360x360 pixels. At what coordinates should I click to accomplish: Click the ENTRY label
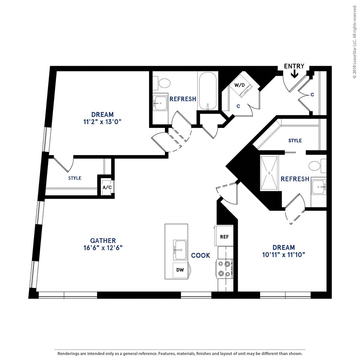[x=294, y=66]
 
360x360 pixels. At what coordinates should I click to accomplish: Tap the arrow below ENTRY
[x=294, y=73]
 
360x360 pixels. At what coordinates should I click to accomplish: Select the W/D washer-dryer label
[x=240, y=85]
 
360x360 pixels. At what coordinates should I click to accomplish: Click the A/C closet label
[x=107, y=187]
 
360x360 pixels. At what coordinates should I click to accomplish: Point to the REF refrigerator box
[x=224, y=237]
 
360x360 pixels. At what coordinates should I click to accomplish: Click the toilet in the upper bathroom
[x=164, y=83]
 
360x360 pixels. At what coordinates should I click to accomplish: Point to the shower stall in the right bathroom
[x=270, y=173]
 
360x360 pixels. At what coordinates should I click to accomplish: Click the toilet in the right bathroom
[x=316, y=166]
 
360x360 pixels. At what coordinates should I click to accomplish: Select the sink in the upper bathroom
[x=161, y=103]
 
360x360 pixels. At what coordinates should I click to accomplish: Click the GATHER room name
[x=103, y=240]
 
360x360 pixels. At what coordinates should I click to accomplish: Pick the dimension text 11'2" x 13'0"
[x=103, y=122]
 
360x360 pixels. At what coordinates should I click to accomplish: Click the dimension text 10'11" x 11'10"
[x=283, y=255]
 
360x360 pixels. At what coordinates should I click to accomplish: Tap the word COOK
[x=201, y=255]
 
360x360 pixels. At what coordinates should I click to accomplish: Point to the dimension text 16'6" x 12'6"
[x=103, y=247]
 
